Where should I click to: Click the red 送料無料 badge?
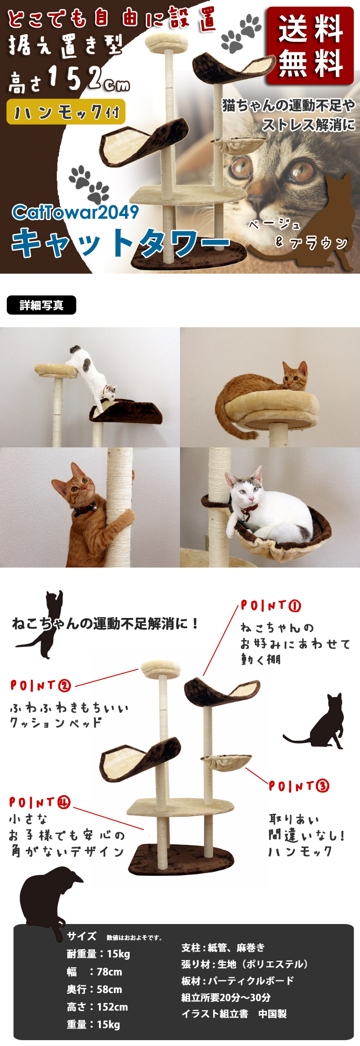coord(310,46)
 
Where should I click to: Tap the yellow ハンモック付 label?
coord(66,112)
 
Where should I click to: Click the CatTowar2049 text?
coord(75,212)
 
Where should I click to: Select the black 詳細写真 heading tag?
coord(41,305)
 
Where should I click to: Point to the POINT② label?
coord(41,685)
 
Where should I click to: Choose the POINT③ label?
coord(299,786)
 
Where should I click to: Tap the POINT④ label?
coord(40,802)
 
